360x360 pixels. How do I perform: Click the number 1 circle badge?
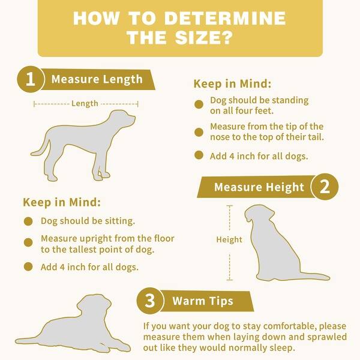31,79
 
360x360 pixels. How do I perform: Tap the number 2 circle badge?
325,187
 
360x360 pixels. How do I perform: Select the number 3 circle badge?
150,301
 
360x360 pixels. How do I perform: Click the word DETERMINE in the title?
225,18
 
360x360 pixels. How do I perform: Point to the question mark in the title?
227,37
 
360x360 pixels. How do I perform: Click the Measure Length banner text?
97,79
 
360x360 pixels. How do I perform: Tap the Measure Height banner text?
259,187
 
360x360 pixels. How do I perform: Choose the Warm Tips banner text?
203,301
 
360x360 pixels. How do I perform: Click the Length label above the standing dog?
85,104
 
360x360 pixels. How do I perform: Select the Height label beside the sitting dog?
229,239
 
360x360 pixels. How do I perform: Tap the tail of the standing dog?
41,148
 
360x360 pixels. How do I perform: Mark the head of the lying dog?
94,305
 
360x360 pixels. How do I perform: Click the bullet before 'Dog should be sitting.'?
28,221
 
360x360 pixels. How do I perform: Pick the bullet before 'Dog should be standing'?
199,104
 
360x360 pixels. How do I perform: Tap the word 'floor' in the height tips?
164,238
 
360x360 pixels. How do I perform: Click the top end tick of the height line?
230,206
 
